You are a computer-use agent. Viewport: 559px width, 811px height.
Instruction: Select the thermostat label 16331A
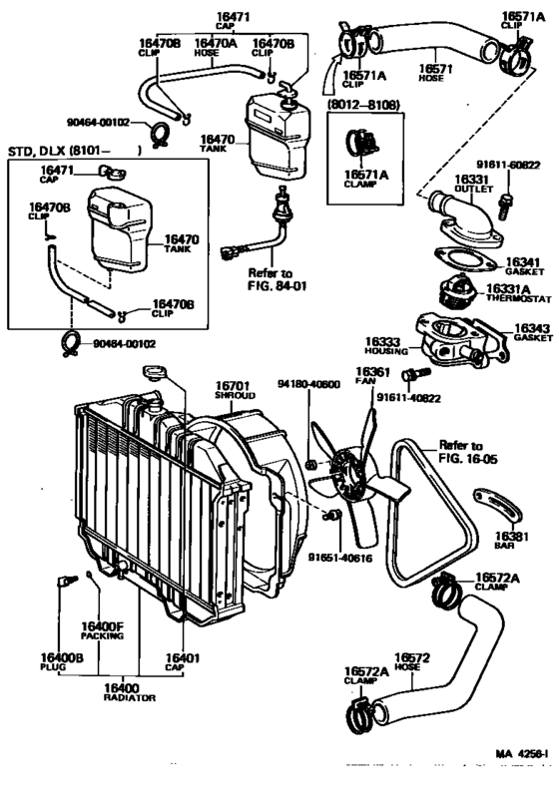pyautogui.click(x=511, y=293)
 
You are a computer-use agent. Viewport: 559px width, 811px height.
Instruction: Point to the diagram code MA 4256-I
pyautogui.click(x=521, y=756)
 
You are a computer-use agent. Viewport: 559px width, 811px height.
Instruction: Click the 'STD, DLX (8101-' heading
pyautogui.click(x=61, y=152)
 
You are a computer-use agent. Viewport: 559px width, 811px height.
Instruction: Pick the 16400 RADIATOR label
pyautogui.click(x=130, y=693)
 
